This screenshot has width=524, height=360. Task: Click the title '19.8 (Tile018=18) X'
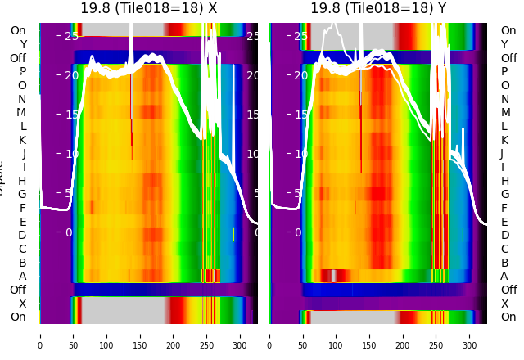pyautogui.click(x=149, y=8)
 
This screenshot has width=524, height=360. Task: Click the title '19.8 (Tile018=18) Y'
pyautogui.click(x=378, y=8)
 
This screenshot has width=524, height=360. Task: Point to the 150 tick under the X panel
pyautogui.click(x=140, y=335)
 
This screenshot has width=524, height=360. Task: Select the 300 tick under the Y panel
pyautogui.click(x=470, y=335)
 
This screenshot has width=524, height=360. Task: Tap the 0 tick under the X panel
pyautogui.click(x=40, y=335)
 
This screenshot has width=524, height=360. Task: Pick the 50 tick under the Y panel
pyautogui.click(x=303, y=335)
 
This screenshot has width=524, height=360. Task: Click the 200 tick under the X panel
pyautogui.click(x=174, y=335)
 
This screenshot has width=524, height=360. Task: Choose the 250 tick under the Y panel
pyautogui.click(x=436, y=335)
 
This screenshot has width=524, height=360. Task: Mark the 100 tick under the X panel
pyautogui.click(x=106, y=335)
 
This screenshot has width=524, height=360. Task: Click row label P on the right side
pyautogui.click(x=504, y=72)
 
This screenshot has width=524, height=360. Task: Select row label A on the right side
pyautogui.click(x=504, y=276)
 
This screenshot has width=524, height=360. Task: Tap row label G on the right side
pyautogui.click(x=504, y=195)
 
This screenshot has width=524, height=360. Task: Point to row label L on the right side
pyautogui.click(x=504, y=126)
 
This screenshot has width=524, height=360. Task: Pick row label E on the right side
pyautogui.click(x=504, y=222)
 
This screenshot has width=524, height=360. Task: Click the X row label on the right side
pyautogui.click(x=504, y=304)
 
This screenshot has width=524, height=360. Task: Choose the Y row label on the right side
pyautogui.click(x=504, y=44)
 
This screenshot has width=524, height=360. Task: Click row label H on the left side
pyautogui.click(x=23, y=181)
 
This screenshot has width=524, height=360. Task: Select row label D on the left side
pyautogui.click(x=23, y=236)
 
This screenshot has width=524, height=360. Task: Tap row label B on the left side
pyautogui.click(x=23, y=263)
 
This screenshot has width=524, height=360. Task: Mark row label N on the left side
pyautogui.click(x=23, y=99)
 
